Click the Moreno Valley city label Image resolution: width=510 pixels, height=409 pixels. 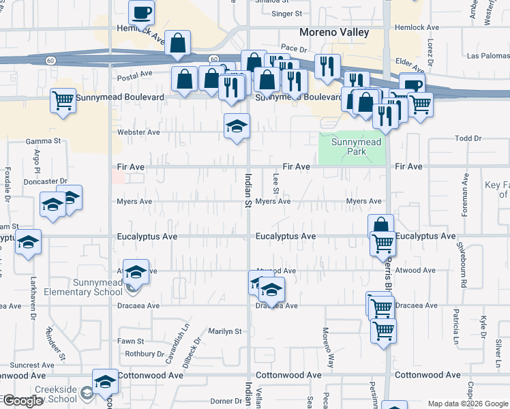click(335, 32)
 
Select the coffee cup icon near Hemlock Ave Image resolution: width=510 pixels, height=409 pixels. click(142, 12)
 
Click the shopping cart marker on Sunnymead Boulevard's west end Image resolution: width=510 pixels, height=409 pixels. click(63, 102)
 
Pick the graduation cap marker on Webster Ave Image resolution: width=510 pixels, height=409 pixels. click(237, 126)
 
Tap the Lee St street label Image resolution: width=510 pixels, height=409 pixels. click(276, 183)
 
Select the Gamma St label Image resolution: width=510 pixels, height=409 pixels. click(44, 141)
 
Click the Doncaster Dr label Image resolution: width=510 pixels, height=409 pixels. click(45, 181)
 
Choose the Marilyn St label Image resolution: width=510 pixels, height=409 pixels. click(225, 332)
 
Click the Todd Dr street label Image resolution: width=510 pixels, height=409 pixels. click(468, 138)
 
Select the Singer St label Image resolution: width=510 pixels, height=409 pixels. click(286, 13)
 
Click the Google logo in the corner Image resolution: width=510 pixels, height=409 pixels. click(22, 401)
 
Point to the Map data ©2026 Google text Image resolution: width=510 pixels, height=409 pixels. click(467, 404)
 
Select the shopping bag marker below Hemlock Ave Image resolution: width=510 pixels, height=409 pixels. click(177, 44)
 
